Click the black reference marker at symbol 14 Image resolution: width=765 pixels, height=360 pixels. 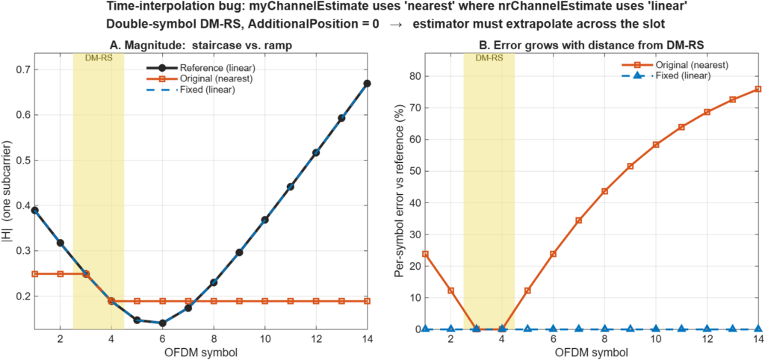[367, 84]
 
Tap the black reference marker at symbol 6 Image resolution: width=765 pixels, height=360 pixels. [162, 323]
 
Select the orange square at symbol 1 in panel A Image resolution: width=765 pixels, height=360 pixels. [34, 273]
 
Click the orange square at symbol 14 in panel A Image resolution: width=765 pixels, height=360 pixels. [367, 301]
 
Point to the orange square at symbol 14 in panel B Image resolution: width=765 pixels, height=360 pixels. [758, 89]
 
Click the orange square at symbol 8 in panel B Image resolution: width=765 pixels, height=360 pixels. [605, 190]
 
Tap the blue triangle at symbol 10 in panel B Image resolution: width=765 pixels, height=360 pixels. [656, 329]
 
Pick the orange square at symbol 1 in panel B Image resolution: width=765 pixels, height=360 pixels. [425, 254]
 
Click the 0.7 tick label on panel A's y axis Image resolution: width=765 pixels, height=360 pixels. [22, 69]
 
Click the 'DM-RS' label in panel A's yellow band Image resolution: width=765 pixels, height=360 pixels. [98, 58]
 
